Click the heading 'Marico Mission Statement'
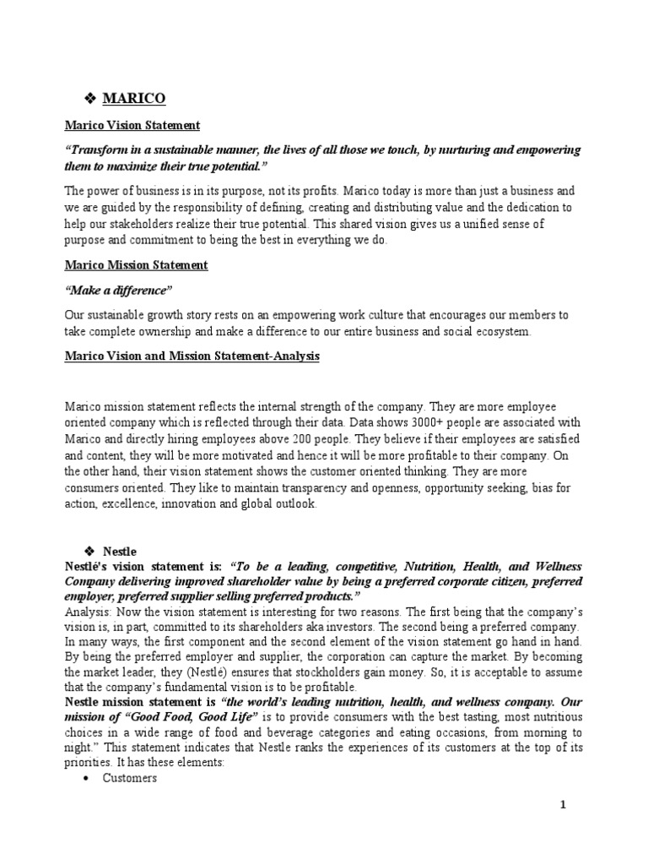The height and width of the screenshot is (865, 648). pos(137,264)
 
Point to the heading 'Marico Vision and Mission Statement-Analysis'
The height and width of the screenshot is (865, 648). pos(193,356)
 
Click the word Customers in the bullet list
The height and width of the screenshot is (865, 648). pos(130,778)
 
